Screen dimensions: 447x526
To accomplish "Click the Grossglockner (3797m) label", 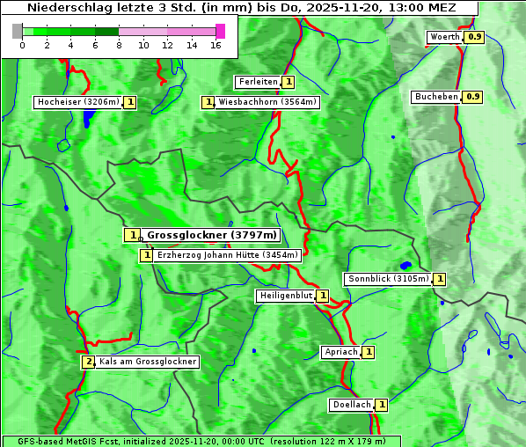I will [x=211, y=235].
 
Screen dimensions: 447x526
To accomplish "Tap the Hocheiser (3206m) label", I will [x=77, y=102].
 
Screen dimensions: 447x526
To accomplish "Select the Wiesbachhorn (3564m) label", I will [x=267, y=102].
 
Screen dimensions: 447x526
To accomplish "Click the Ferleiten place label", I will [x=258, y=82].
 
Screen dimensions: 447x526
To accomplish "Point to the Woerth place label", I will [x=445, y=37].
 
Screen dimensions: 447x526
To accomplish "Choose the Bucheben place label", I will [x=436, y=97].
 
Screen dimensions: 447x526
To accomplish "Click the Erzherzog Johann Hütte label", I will [x=227, y=255].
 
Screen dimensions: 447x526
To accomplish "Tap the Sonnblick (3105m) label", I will [x=388, y=279].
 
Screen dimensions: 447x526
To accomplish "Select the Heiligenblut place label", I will [x=285, y=296].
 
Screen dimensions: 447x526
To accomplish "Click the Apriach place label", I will [x=340, y=352].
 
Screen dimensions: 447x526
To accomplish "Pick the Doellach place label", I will [x=351, y=405].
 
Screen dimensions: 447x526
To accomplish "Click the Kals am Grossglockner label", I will [x=148, y=362].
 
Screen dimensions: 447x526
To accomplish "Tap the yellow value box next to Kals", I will [x=88, y=362].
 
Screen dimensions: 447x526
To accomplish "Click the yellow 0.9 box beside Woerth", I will [x=475, y=37].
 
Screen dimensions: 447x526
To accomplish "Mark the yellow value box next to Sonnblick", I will [x=440, y=279].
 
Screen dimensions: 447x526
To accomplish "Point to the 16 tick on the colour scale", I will [x=216, y=45].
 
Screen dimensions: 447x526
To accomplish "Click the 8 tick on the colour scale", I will [x=119, y=45].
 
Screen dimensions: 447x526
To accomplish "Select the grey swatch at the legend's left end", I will [x=18, y=31].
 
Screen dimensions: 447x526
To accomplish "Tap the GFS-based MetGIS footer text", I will [x=201, y=441].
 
